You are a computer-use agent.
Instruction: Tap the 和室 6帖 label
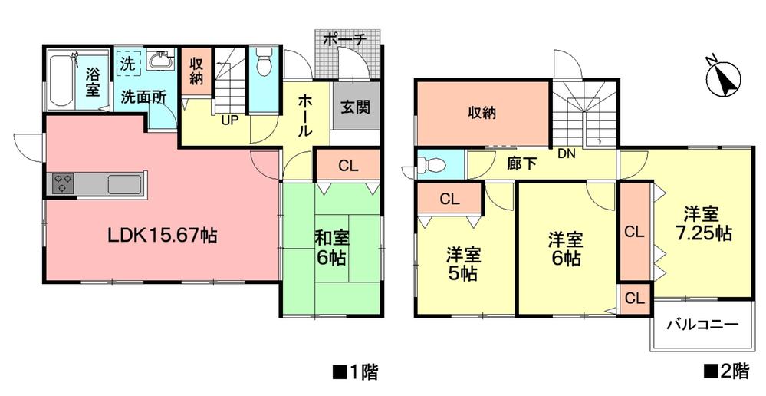click(331, 248)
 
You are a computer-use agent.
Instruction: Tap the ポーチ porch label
click(345, 38)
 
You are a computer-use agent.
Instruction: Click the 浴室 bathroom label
click(92, 82)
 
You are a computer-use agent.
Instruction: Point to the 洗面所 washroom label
click(143, 98)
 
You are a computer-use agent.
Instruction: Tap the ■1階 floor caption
click(354, 373)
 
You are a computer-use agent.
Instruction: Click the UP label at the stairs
click(229, 121)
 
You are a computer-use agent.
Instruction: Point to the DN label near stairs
click(567, 153)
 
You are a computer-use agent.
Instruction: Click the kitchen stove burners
click(63, 184)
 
